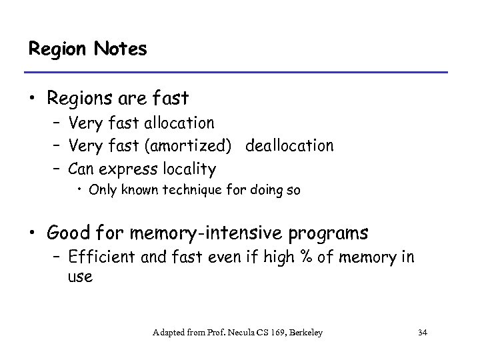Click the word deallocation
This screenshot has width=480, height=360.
(x=289, y=145)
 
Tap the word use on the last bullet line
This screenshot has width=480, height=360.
(x=81, y=277)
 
